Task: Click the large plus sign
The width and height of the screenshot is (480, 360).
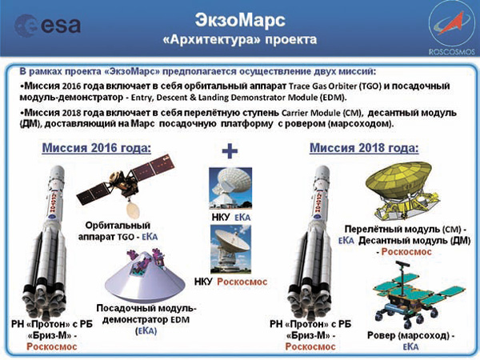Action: pos(231,152)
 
